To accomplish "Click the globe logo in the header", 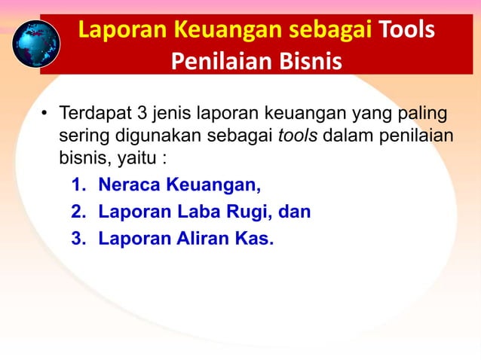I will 35,43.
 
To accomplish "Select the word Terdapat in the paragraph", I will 93,115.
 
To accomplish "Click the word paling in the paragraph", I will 421,115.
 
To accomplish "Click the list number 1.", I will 78,185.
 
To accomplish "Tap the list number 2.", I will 78,212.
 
